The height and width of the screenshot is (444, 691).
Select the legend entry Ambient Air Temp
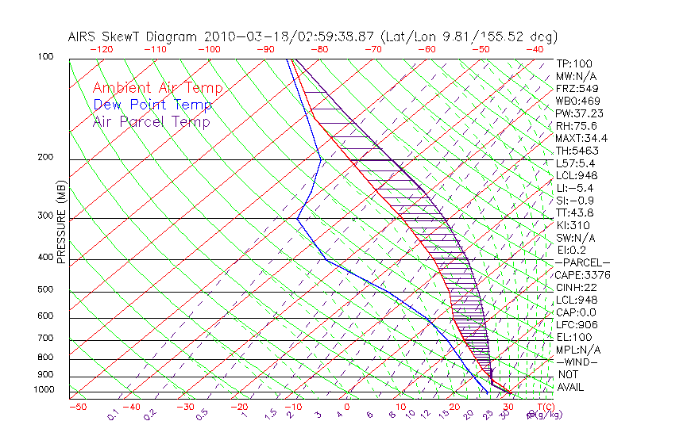tap(157, 88)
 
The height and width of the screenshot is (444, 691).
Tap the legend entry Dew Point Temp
tap(152, 105)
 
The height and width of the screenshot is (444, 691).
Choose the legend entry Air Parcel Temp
tap(152, 121)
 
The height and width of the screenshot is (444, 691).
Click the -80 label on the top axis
tap(319, 49)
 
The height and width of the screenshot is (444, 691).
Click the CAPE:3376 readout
tap(579, 275)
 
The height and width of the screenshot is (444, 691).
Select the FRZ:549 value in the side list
tap(573, 88)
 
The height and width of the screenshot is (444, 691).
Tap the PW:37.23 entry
tap(576, 113)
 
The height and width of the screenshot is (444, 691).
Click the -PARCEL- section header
tap(582, 262)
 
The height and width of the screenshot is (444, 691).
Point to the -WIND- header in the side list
tap(577, 362)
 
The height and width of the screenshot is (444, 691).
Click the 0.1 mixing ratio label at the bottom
tap(113, 415)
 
